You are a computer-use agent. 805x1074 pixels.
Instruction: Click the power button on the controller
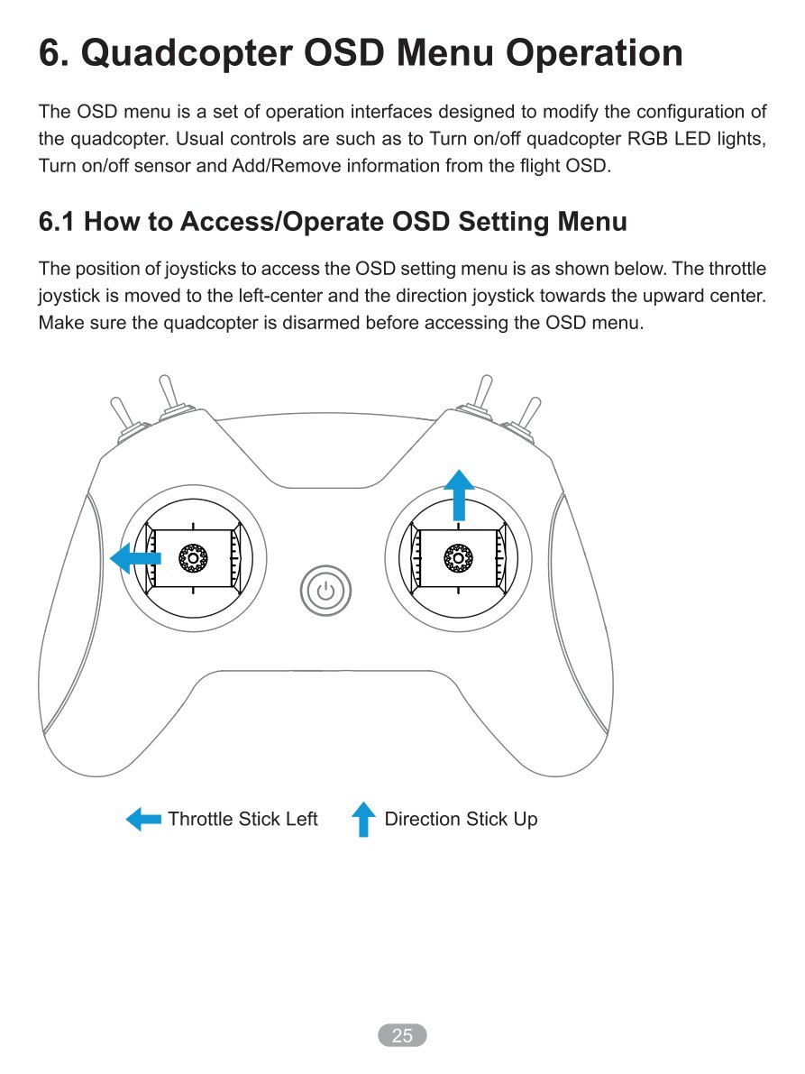[325, 591]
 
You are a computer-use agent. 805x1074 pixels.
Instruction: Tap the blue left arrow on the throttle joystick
[135, 558]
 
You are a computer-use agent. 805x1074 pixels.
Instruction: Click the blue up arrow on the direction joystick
[459, 494]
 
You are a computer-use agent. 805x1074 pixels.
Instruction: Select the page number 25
[402, 1035]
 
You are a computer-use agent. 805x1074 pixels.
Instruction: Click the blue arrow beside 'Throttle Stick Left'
[143, 819]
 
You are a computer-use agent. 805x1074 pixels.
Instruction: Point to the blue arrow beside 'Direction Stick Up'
[363, 819]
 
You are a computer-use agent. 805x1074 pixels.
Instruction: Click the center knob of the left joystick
[193, 558]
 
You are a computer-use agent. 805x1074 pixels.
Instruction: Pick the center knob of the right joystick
[458, 558]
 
